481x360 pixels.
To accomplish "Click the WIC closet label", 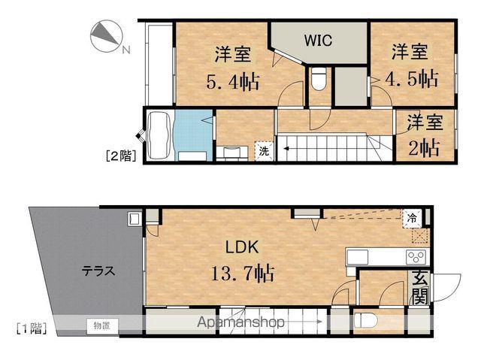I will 319,39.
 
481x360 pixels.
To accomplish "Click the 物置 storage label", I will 102,325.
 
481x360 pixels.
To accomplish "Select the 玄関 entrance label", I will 419,287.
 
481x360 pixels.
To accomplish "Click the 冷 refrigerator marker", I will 413,217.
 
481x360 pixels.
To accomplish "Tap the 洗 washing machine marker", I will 264,151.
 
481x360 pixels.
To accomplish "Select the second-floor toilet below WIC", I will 318,79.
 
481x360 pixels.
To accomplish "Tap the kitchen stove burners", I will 416,257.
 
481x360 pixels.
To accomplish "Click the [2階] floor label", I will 118,156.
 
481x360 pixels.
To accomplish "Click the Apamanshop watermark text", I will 241,323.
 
